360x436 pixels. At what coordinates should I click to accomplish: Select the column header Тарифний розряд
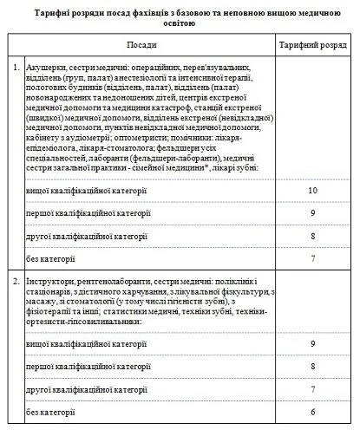[309, 42]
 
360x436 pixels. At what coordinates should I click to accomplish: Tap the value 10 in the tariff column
[312, 189]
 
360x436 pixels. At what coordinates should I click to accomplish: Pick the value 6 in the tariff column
[312, 410]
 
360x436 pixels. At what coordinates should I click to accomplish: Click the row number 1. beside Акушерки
[17, 66]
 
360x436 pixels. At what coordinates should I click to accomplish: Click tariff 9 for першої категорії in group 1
[312, 211]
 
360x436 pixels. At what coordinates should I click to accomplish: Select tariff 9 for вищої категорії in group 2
[312, 344]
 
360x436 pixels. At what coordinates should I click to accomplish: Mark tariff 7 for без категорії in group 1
[312, 257]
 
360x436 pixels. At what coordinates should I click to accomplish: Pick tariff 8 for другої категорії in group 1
[312, 234]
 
